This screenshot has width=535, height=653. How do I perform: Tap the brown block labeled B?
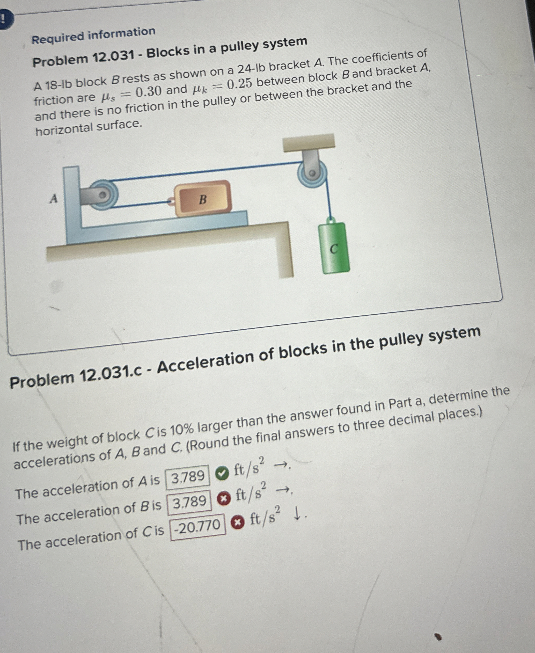click(202, 199)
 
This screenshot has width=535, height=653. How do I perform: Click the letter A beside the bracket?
click(53, 199)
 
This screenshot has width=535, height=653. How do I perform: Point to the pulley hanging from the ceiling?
click(312, 173)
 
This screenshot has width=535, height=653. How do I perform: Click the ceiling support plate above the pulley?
click(309, 142)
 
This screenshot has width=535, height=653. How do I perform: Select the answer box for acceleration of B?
click(189, 502)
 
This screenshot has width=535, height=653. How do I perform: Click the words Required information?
click(93, 35)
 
